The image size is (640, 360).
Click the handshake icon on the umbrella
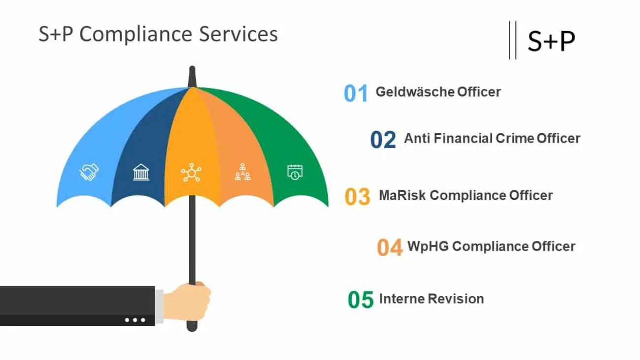pyautogui.click(x=89, y=172)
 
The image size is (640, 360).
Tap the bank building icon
pyautogui.click(x=141, y=172)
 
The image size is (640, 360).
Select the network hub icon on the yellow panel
pyautogui.click(x=191, y=172)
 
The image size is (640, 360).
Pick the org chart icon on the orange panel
pyautogui.click(x=243, y=172)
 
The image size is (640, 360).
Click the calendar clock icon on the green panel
pyautogui.click(x=295, y=172)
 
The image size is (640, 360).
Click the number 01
pyautogui.click(x=356, y=93)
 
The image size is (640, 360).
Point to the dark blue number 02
pyautogui.click(x=383, y=139)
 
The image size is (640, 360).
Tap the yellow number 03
pyautogui.click(x=357, y=196)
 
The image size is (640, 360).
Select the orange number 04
pyautogui.click(x=390, y=247)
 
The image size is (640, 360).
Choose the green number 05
pyautogui.click(x=360, y=300)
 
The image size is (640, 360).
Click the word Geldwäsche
pyautogui.click(x=415, y=92)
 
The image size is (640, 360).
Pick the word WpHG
pyautogui.click(x=428, y=247)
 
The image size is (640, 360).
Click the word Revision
pyautogui.click(x=456, y=299)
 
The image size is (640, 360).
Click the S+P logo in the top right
pyautogui.click(x=551, y=41)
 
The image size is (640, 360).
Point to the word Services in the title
pyautogui.click(x=238, y=34)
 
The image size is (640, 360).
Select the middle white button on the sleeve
pyautogui.click(x=135, y=320)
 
